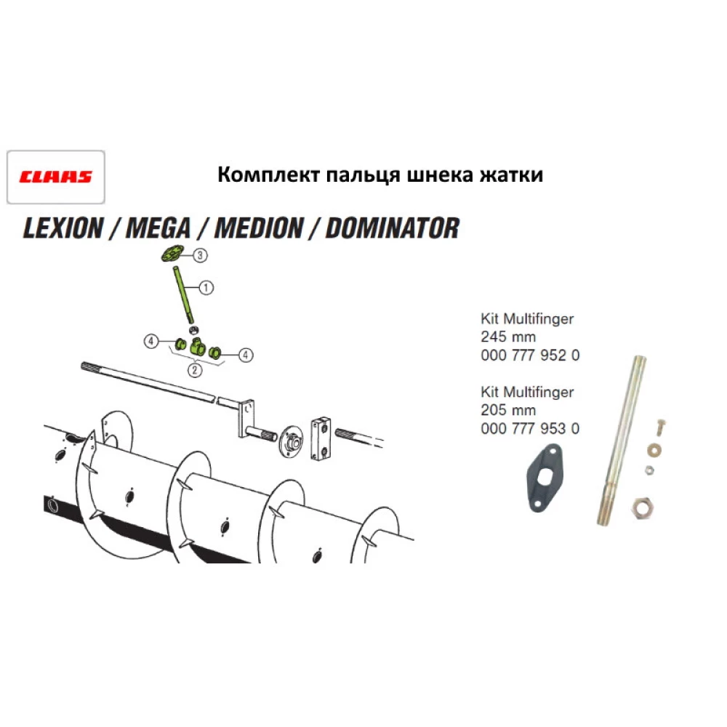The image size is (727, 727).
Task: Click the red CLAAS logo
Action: click(x=55, y=177)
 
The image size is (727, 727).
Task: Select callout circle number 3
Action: click(x=199, y=254)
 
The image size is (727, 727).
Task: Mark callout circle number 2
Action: click(x=194, y=369)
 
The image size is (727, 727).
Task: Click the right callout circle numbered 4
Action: click(x=246, y=355)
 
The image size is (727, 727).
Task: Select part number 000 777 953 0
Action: click(x=530, y=428)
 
